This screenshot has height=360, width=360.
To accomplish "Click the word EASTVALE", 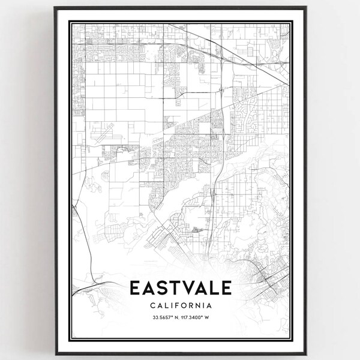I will tap(180, 289).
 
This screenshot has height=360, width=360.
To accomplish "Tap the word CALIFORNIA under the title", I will tap(180, 305).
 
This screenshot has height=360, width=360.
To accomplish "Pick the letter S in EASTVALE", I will tap(154, 289).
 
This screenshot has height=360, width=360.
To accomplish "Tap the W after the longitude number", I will tap(208, 318).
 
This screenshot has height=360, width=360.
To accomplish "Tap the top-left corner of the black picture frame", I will tap(55, 8).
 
